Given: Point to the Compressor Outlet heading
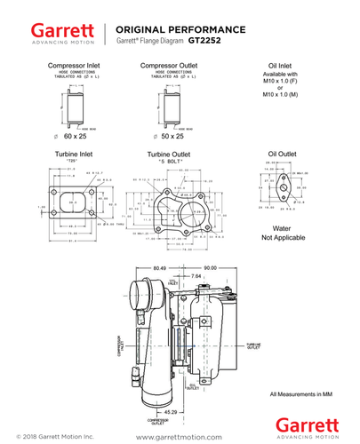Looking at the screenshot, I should [x=169, y=66].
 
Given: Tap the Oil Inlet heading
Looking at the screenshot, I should [x=281, y=66].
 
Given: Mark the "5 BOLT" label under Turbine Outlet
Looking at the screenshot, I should [x=169, y=162].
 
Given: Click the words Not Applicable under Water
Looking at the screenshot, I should [x=281, y=238].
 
